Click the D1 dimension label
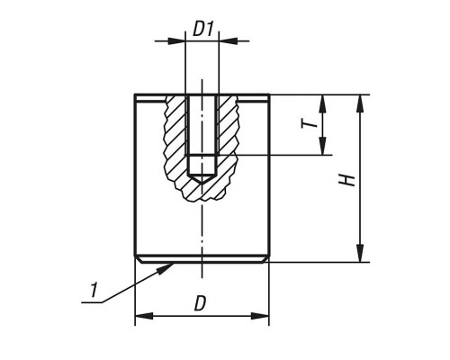coord(202,30)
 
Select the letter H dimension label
coord(347,179)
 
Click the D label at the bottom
coord(201,303)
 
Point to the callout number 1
coord(94,290)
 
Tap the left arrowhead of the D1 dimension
coord(176,40)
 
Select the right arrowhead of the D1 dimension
coord(228,40)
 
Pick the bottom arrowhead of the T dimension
coord(322,146)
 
